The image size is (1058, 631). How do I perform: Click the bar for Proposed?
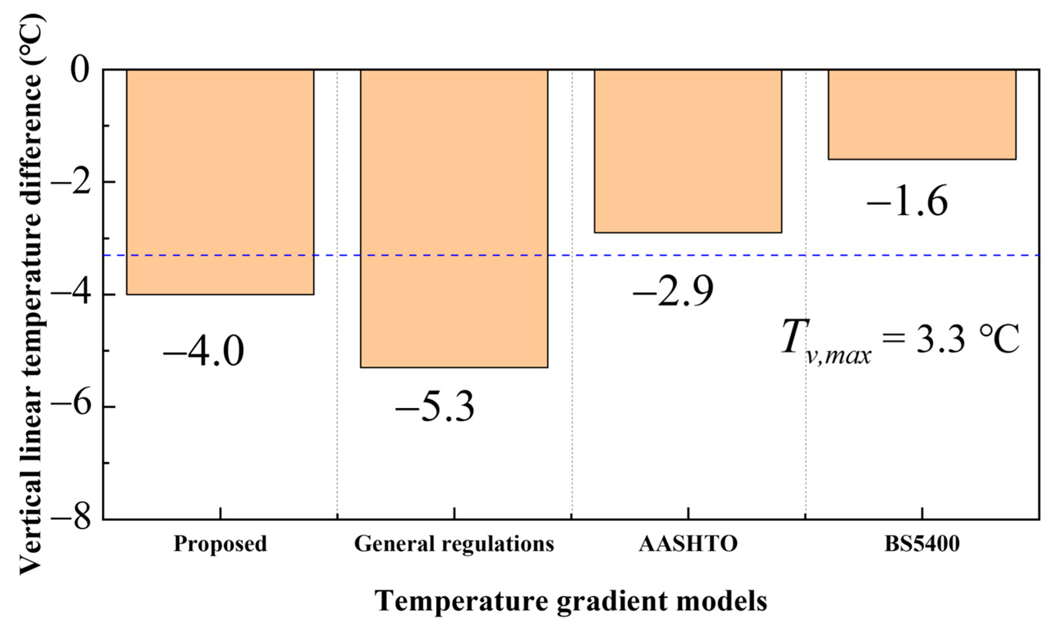(220, 182)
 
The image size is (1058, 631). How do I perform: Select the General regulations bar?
(454, 218)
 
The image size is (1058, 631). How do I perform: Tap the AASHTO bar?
(687, 151)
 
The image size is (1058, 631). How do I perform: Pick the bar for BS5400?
(922, 114)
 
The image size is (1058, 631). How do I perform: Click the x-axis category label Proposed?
(220, 544)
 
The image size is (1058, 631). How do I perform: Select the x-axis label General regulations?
(454, 544)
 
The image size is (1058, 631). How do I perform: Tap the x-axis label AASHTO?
(688, 544)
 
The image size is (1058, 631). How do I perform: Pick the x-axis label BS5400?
(922, 544)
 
